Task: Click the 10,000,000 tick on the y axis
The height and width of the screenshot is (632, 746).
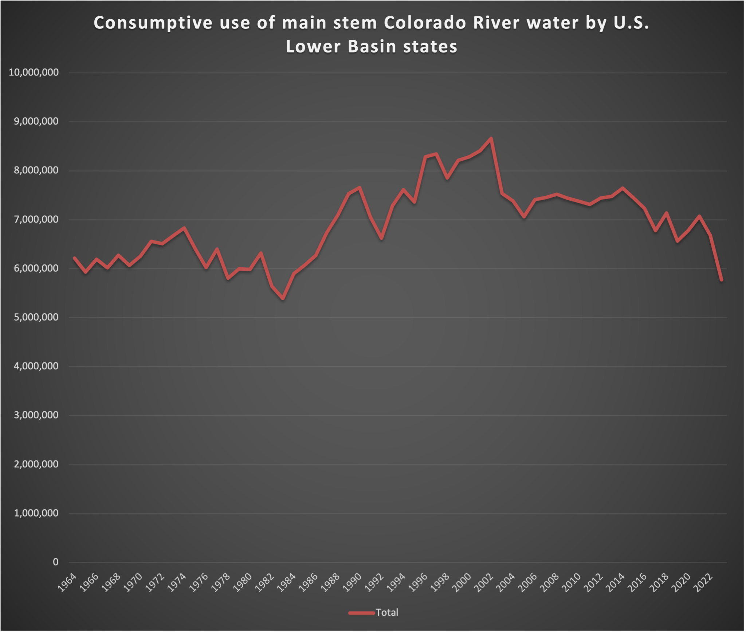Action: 34,72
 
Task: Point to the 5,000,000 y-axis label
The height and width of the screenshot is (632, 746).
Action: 36,317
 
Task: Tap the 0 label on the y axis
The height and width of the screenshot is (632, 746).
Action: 55,562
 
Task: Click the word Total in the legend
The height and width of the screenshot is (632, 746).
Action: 387,612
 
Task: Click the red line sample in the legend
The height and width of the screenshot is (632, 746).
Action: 361,613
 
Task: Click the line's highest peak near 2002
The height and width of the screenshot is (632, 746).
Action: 491,138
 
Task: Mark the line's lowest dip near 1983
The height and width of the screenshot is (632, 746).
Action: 283,299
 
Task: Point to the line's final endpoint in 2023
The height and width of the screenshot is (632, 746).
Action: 721,280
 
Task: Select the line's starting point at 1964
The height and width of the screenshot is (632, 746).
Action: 74,258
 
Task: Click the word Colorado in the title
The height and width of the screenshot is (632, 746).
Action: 425,23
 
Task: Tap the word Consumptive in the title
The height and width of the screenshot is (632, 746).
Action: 153,23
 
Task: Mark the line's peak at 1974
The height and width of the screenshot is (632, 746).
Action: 184,228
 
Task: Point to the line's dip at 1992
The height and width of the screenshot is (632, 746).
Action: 381,238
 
